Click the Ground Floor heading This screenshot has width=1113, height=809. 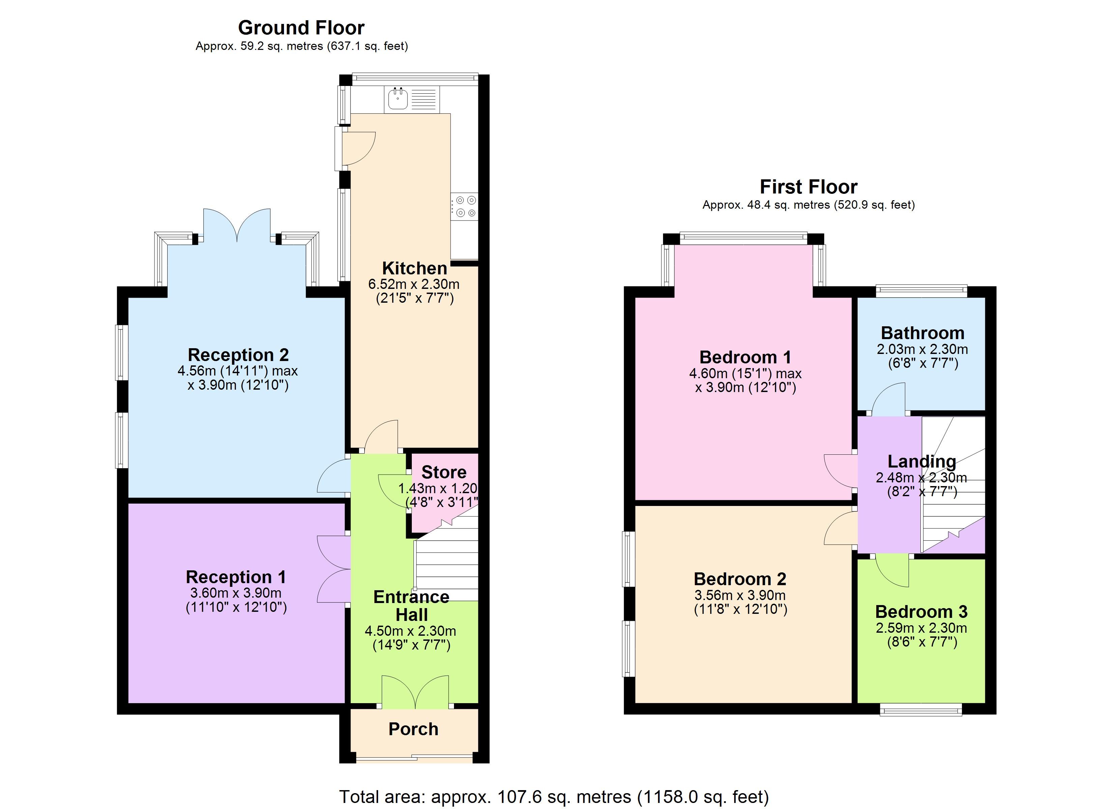point(301,28)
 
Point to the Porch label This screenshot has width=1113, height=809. point(413,729)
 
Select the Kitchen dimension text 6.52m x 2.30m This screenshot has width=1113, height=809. point(414,284)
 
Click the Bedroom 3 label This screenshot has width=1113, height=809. point(921,612)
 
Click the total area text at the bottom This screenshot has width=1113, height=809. point(554,797)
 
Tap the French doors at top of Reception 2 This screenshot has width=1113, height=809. point(237,226)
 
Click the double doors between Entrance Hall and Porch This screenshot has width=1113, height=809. point(415,692)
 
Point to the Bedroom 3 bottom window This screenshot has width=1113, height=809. point(921,710)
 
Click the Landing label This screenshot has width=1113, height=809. point(922,462)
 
